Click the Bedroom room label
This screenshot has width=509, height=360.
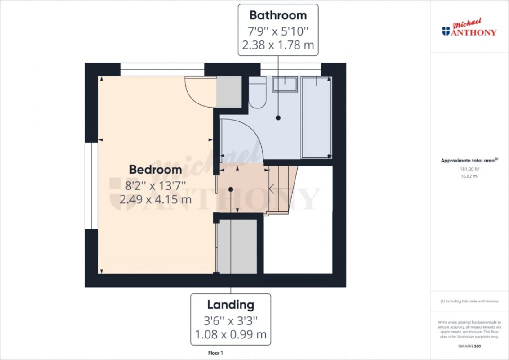click(x=156, y=170)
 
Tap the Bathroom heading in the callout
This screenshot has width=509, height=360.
click(x=278, y=15)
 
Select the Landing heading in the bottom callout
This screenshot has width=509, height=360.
click(x=231, y=305)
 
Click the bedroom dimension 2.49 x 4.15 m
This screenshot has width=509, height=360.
click(x=156, y=199)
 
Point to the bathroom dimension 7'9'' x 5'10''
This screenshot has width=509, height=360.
click(x=278, y=31)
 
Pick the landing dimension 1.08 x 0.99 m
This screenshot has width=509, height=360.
click(x=231, y=334)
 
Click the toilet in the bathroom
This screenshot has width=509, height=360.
click(x=257, y=92)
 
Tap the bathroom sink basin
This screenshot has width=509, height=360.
click(x=285, y=85)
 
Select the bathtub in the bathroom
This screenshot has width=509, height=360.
click(x=317, y=117)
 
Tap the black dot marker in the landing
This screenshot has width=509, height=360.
click(x=231, y=189)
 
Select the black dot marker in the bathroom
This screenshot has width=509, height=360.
click(x=278, y=118)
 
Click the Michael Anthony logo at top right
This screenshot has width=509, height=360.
click(x=469, y=27)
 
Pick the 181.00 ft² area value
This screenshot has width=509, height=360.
click(x=469, y=169)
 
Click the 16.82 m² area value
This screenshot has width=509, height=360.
click(x=469, y=176)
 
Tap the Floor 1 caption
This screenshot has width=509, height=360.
click(x=215, y=353)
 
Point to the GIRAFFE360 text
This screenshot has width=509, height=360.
click(x=469, y=346)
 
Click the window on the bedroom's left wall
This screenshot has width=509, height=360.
click(x=92, y=186)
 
